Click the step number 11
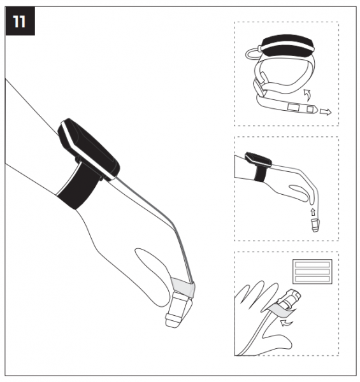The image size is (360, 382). coord(19,22)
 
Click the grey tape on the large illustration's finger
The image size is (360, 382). coord(183,287)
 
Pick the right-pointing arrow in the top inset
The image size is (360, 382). coord(326,112)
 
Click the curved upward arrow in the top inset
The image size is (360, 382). coord(308,95)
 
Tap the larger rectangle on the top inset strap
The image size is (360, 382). coord(294,107)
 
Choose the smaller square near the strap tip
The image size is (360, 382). coord(310,109)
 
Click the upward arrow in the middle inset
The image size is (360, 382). coord(313,212)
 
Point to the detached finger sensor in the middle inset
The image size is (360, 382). coord(315,225)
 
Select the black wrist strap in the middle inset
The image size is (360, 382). coord(260,173)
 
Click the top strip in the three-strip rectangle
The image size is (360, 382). coord(312,265)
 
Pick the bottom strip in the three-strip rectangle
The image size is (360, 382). coord(312,279)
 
